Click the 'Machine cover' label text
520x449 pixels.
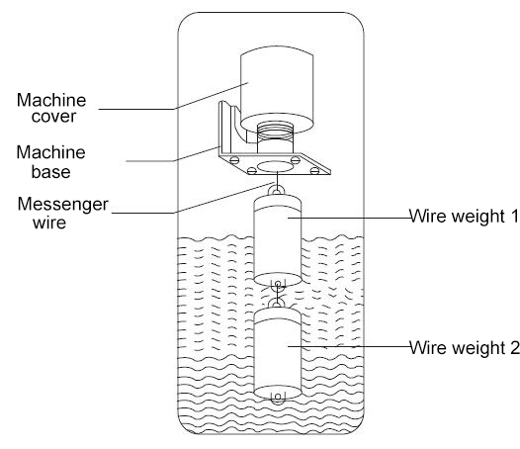pyautogui.click(x=51, y=108)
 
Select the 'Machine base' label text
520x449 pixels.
pyautogui.click(x=50, y=162)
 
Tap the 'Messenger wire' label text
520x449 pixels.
pyautogui.click(x=62, y=213)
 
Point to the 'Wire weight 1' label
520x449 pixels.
pyautogui.click(x=465, y=216)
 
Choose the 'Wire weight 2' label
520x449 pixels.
pyautogui.click(x=465, y=348)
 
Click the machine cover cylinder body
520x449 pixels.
pyautogui.click(x=277, y=90)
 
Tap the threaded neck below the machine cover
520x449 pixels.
pyautogui.click(x=275, y=136)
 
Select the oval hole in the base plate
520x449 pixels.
pyautogui.click(x=276, y=166)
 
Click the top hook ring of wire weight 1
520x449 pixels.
pyautogui.click(x=277, y=191)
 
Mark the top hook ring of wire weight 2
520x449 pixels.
pyautogui.click(x=277, y=304)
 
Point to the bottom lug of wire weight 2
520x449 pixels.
pyautogui.click(x=278, y=399)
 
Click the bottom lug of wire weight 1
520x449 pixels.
pyautogui.click(x=278, y=285)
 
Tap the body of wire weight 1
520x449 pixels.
pyautogui.click(x=278, y=240)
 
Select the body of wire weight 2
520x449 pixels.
pyautogui.click(x=278, y=353)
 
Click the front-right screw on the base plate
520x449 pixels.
pyautogui.click(x=314, y=171)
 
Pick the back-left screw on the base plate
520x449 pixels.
pyautogui.click(x=234, y=159)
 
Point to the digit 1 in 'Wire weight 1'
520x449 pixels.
pyautogui.click(x=514, y=216)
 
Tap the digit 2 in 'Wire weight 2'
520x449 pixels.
pyautogui.click(x=515, y=348)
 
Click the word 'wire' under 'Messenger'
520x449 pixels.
pyautogui.click(x=49, y=223)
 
